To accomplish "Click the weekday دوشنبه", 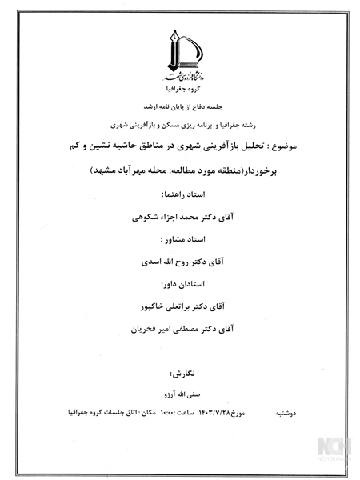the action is pyautogui.click(x=285, y=414).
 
